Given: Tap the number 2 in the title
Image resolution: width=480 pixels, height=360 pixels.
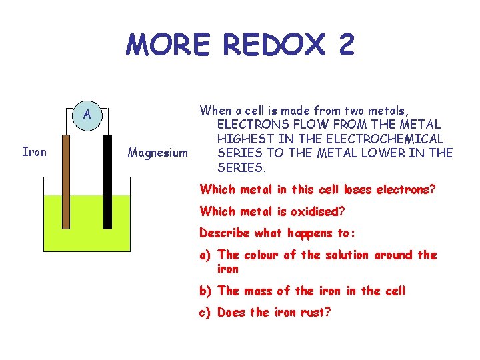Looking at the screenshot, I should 346,45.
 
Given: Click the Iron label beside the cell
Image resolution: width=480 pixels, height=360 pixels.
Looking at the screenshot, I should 35,152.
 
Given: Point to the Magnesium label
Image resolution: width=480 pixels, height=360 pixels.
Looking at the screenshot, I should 158,153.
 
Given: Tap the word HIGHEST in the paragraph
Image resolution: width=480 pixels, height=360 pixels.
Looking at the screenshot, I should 242,139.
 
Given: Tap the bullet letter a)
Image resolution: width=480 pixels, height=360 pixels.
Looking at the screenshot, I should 206,255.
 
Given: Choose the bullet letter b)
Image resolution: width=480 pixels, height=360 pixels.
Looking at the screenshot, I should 206,291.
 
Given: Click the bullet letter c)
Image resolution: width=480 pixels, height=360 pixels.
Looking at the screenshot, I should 206,312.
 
